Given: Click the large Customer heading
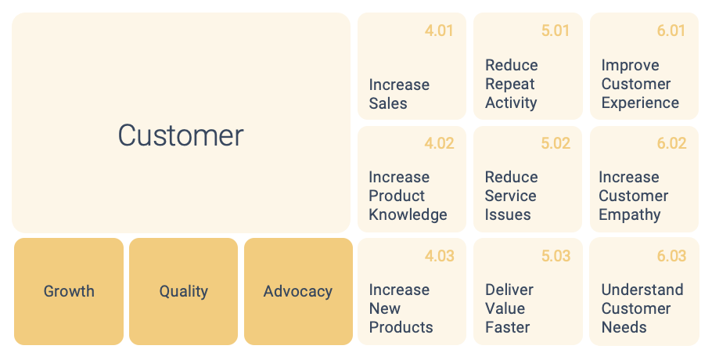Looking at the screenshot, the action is click(x=181, y=135).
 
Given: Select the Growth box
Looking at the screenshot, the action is click(x=69, y=291).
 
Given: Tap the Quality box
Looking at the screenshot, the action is click(x=183, y=291).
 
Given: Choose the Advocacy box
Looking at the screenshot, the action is click(x=298, y=291).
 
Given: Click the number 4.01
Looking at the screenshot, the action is click(x=439, y=31).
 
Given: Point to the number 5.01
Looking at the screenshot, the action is click(x=556, y=31).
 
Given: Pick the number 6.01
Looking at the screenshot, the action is click(x=671, y=31).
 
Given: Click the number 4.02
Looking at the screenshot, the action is click(x=439, y=143).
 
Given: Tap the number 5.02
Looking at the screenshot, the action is click(x=556, y=143).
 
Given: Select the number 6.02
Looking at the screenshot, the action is click(x=671, y=143).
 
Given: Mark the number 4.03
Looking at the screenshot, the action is click(x=439, y=256).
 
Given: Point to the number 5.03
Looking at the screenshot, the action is click(x=556, y=256).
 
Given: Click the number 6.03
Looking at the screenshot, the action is click(x=671, y=256).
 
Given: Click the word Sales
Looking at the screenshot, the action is click(x=388, y=103).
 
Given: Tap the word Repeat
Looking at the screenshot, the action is click(x=510, y=85).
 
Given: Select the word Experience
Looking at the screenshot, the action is click(x=640, y=103).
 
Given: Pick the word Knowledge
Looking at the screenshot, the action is click(x=408, y=214).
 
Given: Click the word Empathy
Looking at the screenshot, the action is click(x=629, y=214).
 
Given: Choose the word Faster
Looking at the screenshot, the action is click(x=507, y=327).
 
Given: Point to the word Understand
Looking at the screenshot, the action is click(x=642, y=290).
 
